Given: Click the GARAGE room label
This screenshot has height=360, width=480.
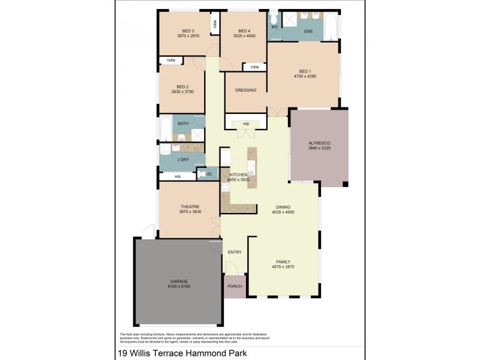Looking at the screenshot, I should coord(179,281).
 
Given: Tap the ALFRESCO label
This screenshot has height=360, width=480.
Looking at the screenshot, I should coord(319,142).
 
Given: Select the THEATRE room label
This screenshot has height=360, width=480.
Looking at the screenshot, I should coord(189,206).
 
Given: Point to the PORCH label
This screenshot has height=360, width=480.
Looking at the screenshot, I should coord(235,286).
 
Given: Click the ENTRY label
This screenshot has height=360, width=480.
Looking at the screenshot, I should coord(235,252).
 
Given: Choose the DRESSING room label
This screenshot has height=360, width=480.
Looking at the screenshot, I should coord(246,91).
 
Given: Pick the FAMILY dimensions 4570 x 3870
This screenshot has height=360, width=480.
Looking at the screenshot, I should coord(283,267).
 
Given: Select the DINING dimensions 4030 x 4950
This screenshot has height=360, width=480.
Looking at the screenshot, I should coord(283,212).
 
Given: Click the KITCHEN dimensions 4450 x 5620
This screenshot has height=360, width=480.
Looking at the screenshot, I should coord(238,179).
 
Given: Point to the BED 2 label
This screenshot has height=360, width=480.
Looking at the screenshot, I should coord(183,86).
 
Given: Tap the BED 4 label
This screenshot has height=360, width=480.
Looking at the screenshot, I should coord(244,31).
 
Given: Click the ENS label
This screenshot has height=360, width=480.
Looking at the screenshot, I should coord(308,31).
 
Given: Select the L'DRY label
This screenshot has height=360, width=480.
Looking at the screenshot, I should coord(184,160).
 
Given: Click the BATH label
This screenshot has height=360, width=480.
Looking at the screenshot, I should coord(183,124).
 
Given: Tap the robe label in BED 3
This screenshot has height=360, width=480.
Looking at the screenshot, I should coord(214,24).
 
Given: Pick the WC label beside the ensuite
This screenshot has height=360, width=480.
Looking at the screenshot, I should coord(274,27).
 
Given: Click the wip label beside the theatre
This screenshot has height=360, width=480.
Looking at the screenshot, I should coord(177,176).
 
